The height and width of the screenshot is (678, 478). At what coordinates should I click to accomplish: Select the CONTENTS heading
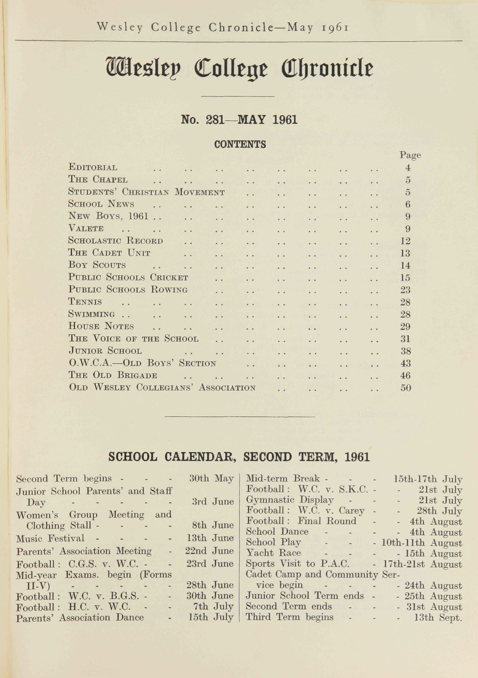click(240, 144)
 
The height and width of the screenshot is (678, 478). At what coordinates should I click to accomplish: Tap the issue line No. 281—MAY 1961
click(239, 119)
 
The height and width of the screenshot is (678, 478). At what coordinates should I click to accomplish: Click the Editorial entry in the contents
click(93, 168)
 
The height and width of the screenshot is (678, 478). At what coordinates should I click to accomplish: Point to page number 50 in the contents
click(405, 388)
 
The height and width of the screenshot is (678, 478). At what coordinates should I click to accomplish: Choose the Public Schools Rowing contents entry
click(128, 290)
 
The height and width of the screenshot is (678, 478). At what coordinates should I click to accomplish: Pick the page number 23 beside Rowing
click(405, 290)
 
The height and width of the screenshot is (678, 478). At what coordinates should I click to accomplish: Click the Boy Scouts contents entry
click(97, 265)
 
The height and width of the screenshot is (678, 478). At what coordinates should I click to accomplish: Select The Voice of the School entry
click(133, 339)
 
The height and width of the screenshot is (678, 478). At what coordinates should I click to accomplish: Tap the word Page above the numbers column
click(410, 155)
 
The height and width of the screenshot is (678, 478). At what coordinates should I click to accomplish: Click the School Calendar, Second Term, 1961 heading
click(239, 457)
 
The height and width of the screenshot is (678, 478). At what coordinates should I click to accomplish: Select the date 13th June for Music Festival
click(209, 538)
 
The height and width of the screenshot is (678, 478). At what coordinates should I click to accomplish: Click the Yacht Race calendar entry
click(273, 553)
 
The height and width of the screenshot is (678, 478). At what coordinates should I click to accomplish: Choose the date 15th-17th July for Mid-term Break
click(427, 479)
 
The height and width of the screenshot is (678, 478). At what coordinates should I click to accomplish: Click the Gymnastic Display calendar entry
click(290, 500)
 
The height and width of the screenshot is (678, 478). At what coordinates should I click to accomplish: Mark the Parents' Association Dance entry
click(80, 617)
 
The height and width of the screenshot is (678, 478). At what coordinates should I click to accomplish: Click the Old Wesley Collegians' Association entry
click(162, 388)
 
